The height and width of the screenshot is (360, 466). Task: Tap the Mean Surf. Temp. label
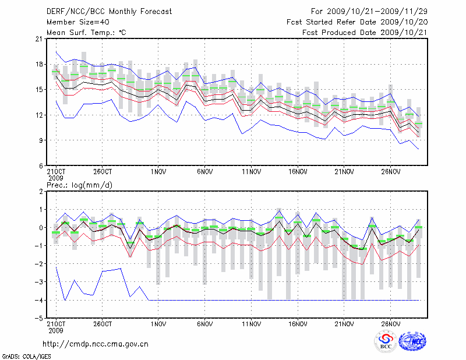coord(86,32)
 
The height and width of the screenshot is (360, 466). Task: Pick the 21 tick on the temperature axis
coord(39,39)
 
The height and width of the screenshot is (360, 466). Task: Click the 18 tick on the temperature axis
coord(39,64)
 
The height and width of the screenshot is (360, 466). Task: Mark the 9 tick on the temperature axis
coord(41,140)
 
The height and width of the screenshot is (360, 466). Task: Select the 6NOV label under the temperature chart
coord(204,172)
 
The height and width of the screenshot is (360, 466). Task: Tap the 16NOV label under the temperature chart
coord(297,172)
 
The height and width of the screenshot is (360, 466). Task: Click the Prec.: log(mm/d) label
coord(77,185)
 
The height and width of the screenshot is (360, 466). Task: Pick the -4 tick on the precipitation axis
coord(39,301)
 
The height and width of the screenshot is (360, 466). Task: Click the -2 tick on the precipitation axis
coord(39,264)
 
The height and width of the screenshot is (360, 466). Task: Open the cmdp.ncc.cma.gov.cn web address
coord(96,344)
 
